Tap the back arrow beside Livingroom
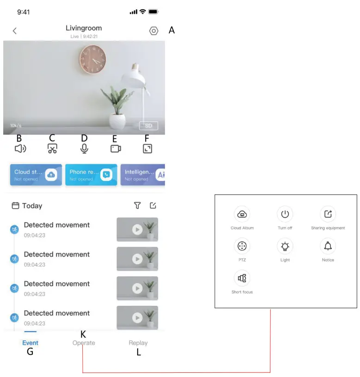(x=15, y=31)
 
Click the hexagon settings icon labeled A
(x=154, y=31)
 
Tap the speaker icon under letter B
(x=20, y=148)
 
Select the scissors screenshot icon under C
(x=52, y=148)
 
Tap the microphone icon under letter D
(x=84, y=148)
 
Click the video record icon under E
(x=116, y=148)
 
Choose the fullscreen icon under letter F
(x=147, y=148)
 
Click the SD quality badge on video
(x=148, y=126)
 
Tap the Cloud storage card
(x=36, y=174)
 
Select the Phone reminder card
(x=91, y=174)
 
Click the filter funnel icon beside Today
(x=137, y=206)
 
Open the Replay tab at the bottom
(x=138, y=343)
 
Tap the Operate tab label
(x=84, y=343)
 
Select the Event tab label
(x=31, y=343)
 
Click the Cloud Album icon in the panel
(x=242, y=214)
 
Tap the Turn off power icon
(x=285, y=214)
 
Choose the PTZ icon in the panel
(x=242, y=246)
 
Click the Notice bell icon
(x=328, y=246)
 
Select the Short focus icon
(x=242, y=278)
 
